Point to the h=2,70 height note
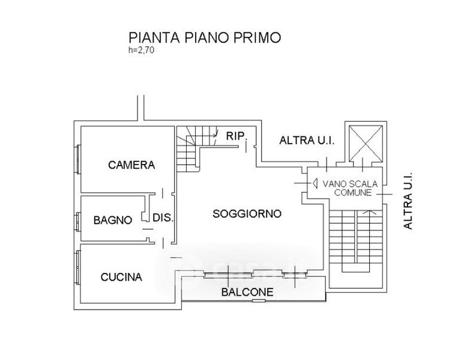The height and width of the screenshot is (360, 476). tap(142, 50)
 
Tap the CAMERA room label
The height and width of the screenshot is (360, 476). tap(131, 165)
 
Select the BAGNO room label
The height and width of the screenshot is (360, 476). tap(112, 220)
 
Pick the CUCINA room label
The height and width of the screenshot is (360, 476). tap(121, 277)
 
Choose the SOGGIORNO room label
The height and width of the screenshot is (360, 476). tap(247, 213)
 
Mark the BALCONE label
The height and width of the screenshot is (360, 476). tap(247, 293)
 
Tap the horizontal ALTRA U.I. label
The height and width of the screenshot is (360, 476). tap(307, 141)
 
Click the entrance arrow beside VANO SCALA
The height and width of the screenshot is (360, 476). tap(314, 184)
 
